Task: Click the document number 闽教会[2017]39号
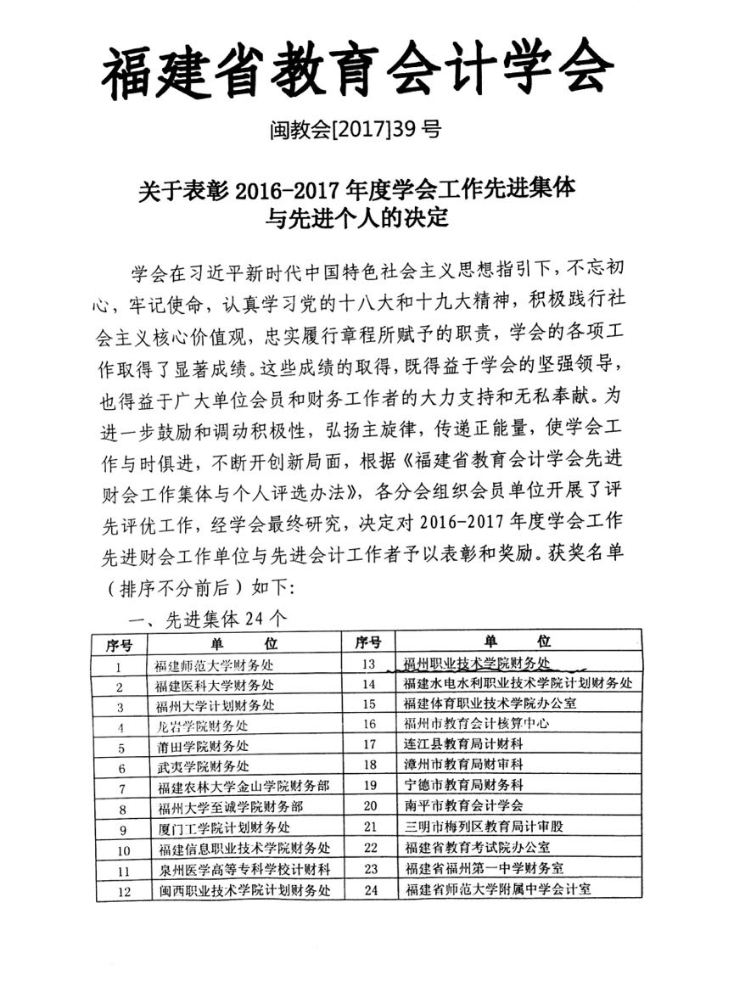click(355, 130)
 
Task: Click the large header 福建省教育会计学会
click(356, 68)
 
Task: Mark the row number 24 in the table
click(369, 889)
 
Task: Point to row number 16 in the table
click(368, 724)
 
